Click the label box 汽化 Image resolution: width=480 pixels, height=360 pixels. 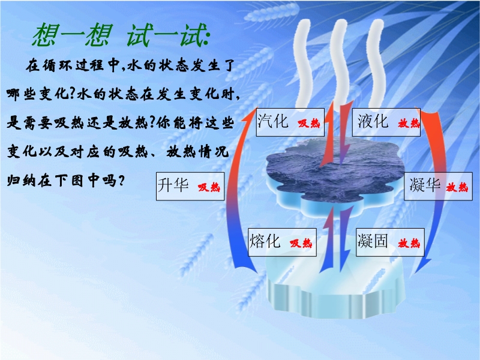(290, 122)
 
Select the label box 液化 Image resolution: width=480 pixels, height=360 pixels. (386, 122)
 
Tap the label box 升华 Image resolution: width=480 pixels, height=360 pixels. (190, 187)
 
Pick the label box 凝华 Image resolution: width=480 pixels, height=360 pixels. (438, 187)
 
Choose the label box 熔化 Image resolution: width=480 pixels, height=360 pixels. (282, 242)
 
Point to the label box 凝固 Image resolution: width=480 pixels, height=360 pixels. (390, 242)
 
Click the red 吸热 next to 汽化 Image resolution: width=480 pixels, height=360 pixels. (309, 123)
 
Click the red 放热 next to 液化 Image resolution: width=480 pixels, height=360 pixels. (409, 123)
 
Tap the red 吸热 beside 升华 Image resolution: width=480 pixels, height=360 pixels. (209, 187)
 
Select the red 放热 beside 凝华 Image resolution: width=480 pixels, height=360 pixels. (457, 187)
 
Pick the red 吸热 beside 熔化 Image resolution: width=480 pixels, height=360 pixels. (301, 243)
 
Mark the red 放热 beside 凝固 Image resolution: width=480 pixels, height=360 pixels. (409, 243)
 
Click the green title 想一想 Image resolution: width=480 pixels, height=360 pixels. (72, 35)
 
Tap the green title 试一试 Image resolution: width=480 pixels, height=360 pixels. (168, 35)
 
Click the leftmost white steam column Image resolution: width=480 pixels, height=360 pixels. (303, 63)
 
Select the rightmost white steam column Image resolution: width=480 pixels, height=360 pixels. (377, 63)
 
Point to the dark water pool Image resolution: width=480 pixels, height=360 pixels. (335, 172)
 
